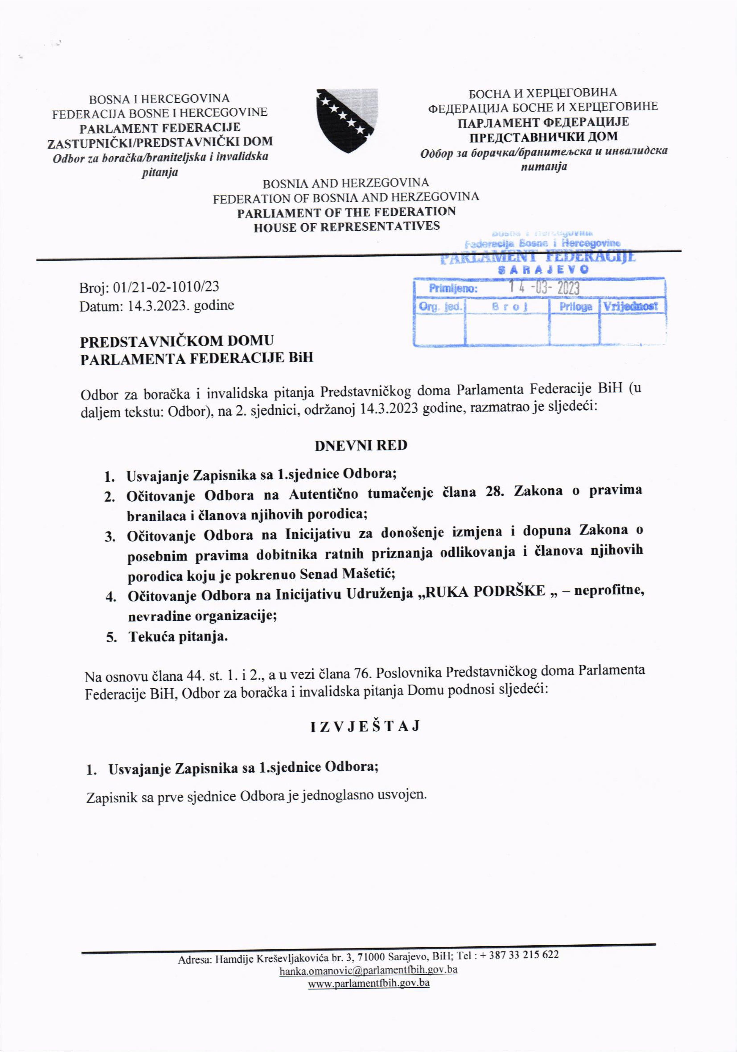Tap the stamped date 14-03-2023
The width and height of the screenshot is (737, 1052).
[544, 288]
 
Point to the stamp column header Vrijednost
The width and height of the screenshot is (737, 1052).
[631, 306]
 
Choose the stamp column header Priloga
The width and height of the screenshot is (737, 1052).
[575, 306]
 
